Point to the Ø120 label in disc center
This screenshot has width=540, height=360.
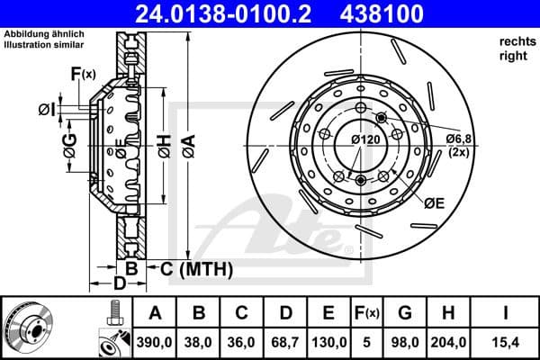(x=364, y=139)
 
